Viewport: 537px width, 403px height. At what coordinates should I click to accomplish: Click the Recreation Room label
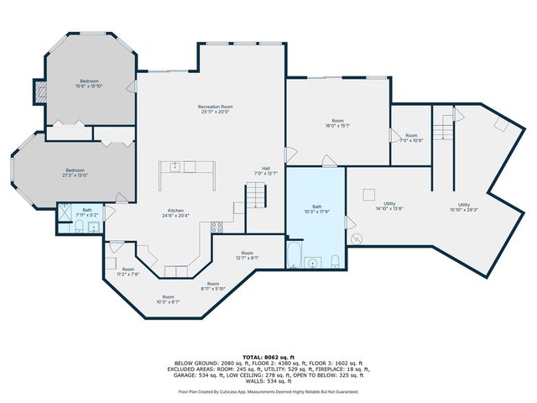point(216,109)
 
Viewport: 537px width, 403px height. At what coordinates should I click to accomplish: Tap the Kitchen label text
point(175,213)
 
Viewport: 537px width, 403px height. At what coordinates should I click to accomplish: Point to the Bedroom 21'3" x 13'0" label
point(76,172)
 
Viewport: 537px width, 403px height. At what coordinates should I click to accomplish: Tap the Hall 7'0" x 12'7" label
point(266,170)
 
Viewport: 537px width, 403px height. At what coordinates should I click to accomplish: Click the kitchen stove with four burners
point(216,226)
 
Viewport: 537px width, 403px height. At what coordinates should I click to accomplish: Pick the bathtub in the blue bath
point(295,254)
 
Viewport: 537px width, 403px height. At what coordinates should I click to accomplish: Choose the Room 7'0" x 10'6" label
point(411,138)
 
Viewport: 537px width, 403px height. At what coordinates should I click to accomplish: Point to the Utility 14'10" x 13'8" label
point(390,206)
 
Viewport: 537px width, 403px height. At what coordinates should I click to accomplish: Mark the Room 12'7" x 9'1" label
point(248,255)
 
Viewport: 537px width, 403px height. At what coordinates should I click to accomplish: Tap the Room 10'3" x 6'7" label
point(169,299)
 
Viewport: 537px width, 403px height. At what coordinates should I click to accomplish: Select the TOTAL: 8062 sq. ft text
point(268,357)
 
